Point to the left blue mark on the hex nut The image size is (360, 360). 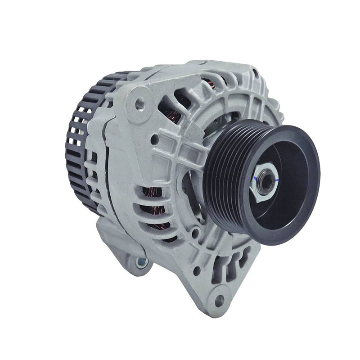pyautogui.click(x=255, y=179)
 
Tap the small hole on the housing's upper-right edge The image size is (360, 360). pyautogui.click(x=256, y=73)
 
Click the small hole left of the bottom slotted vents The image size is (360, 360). pyautogui.click(x=197, y=271)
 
